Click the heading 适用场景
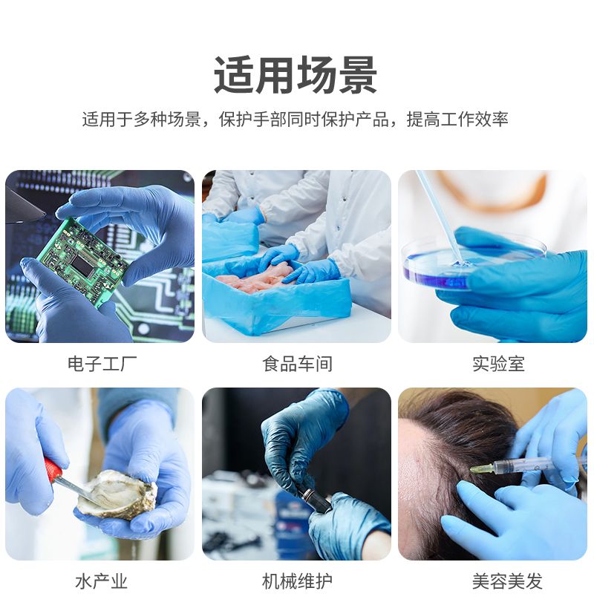[x=296, y=75]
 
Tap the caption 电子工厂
[x=102, y=364]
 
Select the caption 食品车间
[x=297, y=364]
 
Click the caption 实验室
[x=498, y=364]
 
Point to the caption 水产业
[x=101, y=582]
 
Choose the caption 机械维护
[x=297, y=582]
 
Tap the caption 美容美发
[x=507, y=582]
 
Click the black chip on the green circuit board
[x=82, y=263]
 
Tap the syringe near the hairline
[x=522, y=465]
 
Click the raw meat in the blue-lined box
[x=253, y=278]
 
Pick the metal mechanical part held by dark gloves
[x=315, y=499]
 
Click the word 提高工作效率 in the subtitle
[x=457, y=120]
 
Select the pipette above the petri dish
[x=439, y=215]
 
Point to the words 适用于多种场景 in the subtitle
[x=142, y=120]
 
